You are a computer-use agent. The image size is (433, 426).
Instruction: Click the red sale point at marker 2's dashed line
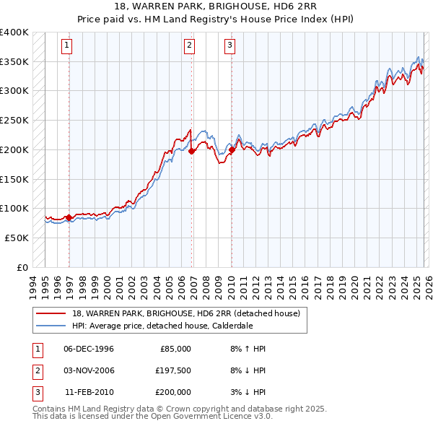tap(191, 152)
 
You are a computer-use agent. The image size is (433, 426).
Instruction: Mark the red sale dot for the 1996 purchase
tap(69, 217)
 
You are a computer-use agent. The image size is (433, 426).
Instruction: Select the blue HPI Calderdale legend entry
tap(162, 326)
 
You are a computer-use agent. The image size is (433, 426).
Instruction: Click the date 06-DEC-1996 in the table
tap(89, 349)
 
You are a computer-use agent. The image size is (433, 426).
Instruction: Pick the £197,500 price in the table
tap(173, 370)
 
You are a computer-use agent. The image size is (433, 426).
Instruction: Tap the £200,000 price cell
tap(173, 392)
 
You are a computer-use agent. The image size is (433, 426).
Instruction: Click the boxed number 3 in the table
tap(36, 392)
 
